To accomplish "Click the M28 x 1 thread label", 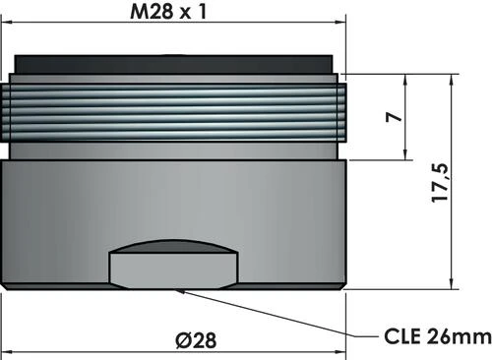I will click(x=175, y=14).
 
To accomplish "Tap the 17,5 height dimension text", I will click(x=441, y=182).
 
